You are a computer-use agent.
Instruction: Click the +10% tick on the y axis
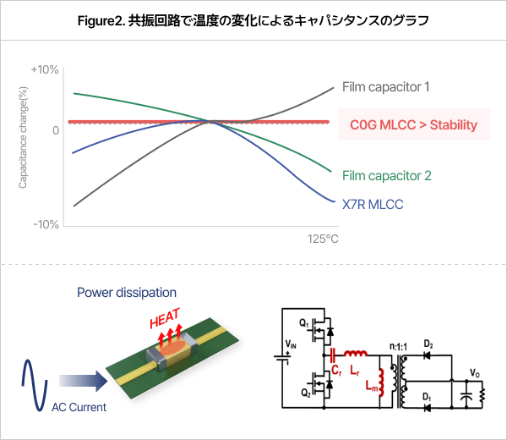click(x=44, y=69)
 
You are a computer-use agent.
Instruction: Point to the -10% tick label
click(x=45, y=224)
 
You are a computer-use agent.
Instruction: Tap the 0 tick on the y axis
click(x=55, y=130)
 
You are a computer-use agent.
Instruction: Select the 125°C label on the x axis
click(x=323, y=239)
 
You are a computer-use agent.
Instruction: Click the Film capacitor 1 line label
click(x=386, y=86)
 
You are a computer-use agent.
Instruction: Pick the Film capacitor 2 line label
click(x=387, y=176)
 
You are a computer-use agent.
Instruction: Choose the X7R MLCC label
click(x=373, y=204)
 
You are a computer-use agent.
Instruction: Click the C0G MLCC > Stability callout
click(x=413, y=125)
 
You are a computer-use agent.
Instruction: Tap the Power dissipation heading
click(x=127, y=293)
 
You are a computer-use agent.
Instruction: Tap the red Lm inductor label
click(x=368, y=387)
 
